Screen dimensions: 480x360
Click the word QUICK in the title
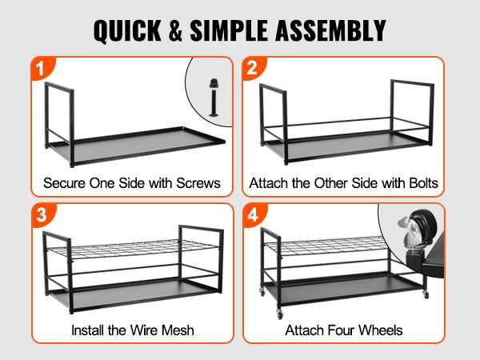(127, 30)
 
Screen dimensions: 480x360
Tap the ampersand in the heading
(175, 30)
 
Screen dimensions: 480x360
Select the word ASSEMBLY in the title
(330, 30)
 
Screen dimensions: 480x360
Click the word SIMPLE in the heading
(230, 30)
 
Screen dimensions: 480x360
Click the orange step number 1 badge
(42, 68)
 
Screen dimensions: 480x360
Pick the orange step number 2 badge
(253, 68)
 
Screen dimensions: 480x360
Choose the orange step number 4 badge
(254, 214)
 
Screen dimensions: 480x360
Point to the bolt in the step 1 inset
(214, 98)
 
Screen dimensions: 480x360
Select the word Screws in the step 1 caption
(198, 183)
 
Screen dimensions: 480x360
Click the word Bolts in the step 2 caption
(423, 183)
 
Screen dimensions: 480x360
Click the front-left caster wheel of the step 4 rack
(280, 314)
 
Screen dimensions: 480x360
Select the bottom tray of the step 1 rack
(136, 146)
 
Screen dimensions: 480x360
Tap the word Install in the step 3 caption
(88, 330)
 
